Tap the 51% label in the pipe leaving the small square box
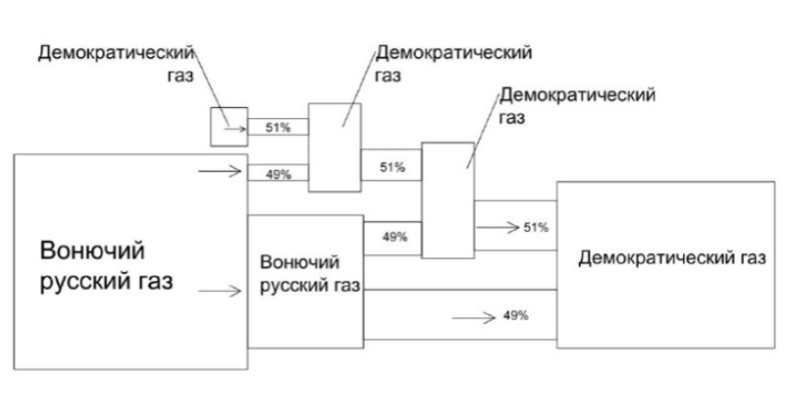[x=278, y=129]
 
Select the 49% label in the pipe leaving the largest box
[x=278, y=175]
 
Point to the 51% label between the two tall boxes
[x=393, y=168]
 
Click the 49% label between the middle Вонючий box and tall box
[x=395, y=236]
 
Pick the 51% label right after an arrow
[x=536, y=227]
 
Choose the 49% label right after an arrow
[x=515, y=316]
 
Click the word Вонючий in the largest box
[x=92, y=251]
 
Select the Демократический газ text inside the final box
[x=672, y=258]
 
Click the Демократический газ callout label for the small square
[x=116, y=65]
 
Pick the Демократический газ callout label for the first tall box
[x=454, y=64]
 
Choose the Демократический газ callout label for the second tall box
[x=577, y=106]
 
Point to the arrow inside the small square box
[x=235, y=129]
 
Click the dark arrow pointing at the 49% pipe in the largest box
[x=219, y=172]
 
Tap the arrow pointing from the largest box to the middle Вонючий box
[x=219, y=291]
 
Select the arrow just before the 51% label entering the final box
[x=498, y=227]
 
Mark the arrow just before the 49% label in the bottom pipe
[x=474, y=318]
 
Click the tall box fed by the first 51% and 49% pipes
[x=335, y=147]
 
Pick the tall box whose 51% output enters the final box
[x=448, y=200]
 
